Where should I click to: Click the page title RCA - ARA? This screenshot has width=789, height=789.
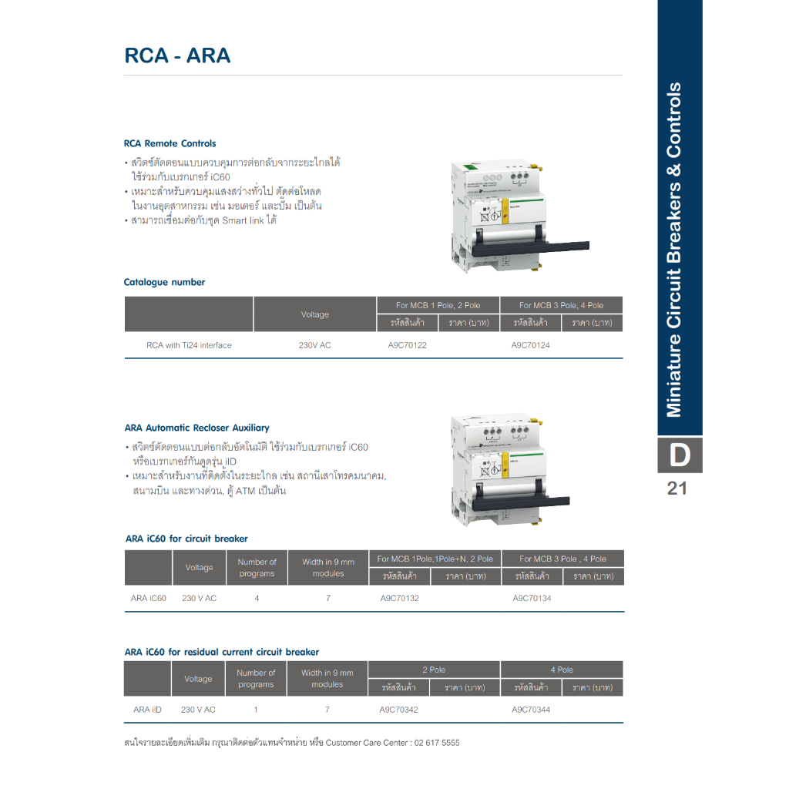pyautogui.click(x=177, y=56)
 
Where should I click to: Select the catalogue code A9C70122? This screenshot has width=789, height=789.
pyautogui.click(x=407, y=345)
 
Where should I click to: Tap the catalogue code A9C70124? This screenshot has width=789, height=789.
pyautogui.click(x=530, y=345)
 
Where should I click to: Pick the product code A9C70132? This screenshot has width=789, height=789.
pyautogui.click(x=400, y=598)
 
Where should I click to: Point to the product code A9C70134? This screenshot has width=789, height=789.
pyautogui.click(x=532, y=598)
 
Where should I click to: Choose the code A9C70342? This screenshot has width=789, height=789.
pyautogui.click(x=399, y=710)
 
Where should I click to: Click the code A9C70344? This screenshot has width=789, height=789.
pyautogui.click(x=531, y=710)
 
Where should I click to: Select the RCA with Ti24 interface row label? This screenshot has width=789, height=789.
pyautogui.click(x=189, y=345)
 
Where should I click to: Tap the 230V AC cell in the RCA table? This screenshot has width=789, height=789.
pyautogui.click(x=314, y=345)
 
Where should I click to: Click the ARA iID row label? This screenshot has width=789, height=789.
pyautogui.click(x=147, y=710)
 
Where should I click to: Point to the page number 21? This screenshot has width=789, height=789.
pyautogui.click(x=677, y=489)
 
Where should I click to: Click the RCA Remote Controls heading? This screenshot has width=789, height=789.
pyautogui.click(x=170, y=143)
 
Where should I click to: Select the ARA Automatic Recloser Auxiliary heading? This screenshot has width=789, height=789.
pyautogui.click(x=196, y=428)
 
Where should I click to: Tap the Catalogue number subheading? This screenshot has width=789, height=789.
pyautogui.click(x=164, y=282)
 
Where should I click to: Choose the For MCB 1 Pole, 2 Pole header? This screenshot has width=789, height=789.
pyautogui.click(x=438, y=305)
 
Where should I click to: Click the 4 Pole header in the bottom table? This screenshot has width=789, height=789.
pyautogui.click(x=561, y=670)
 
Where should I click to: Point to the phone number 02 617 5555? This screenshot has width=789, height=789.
pyautogui.click(x=436, y=743)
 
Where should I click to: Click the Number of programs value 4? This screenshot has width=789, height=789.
pyautogui.click(x=257, y=598)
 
